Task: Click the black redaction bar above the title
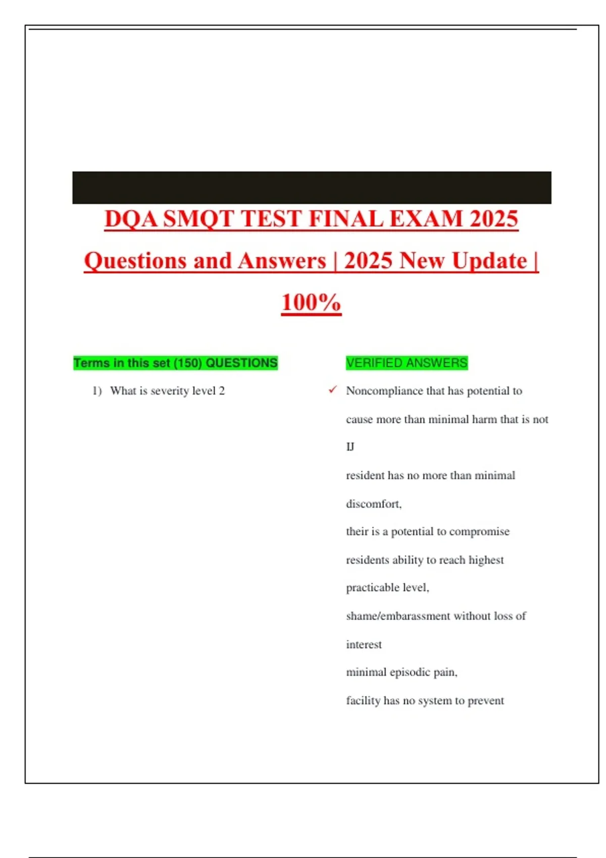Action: click(312, 187)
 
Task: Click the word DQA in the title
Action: click(131, 220)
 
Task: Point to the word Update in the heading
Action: click(489, 261)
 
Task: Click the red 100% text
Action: click(311, 303)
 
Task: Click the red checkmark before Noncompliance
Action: click(332, 390)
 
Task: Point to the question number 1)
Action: click(97, 391)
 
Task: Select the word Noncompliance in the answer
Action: click(384, 391)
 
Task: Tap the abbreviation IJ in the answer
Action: click(350, 447)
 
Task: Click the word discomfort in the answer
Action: click(373, 504)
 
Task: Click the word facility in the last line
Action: click(363, 701)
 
